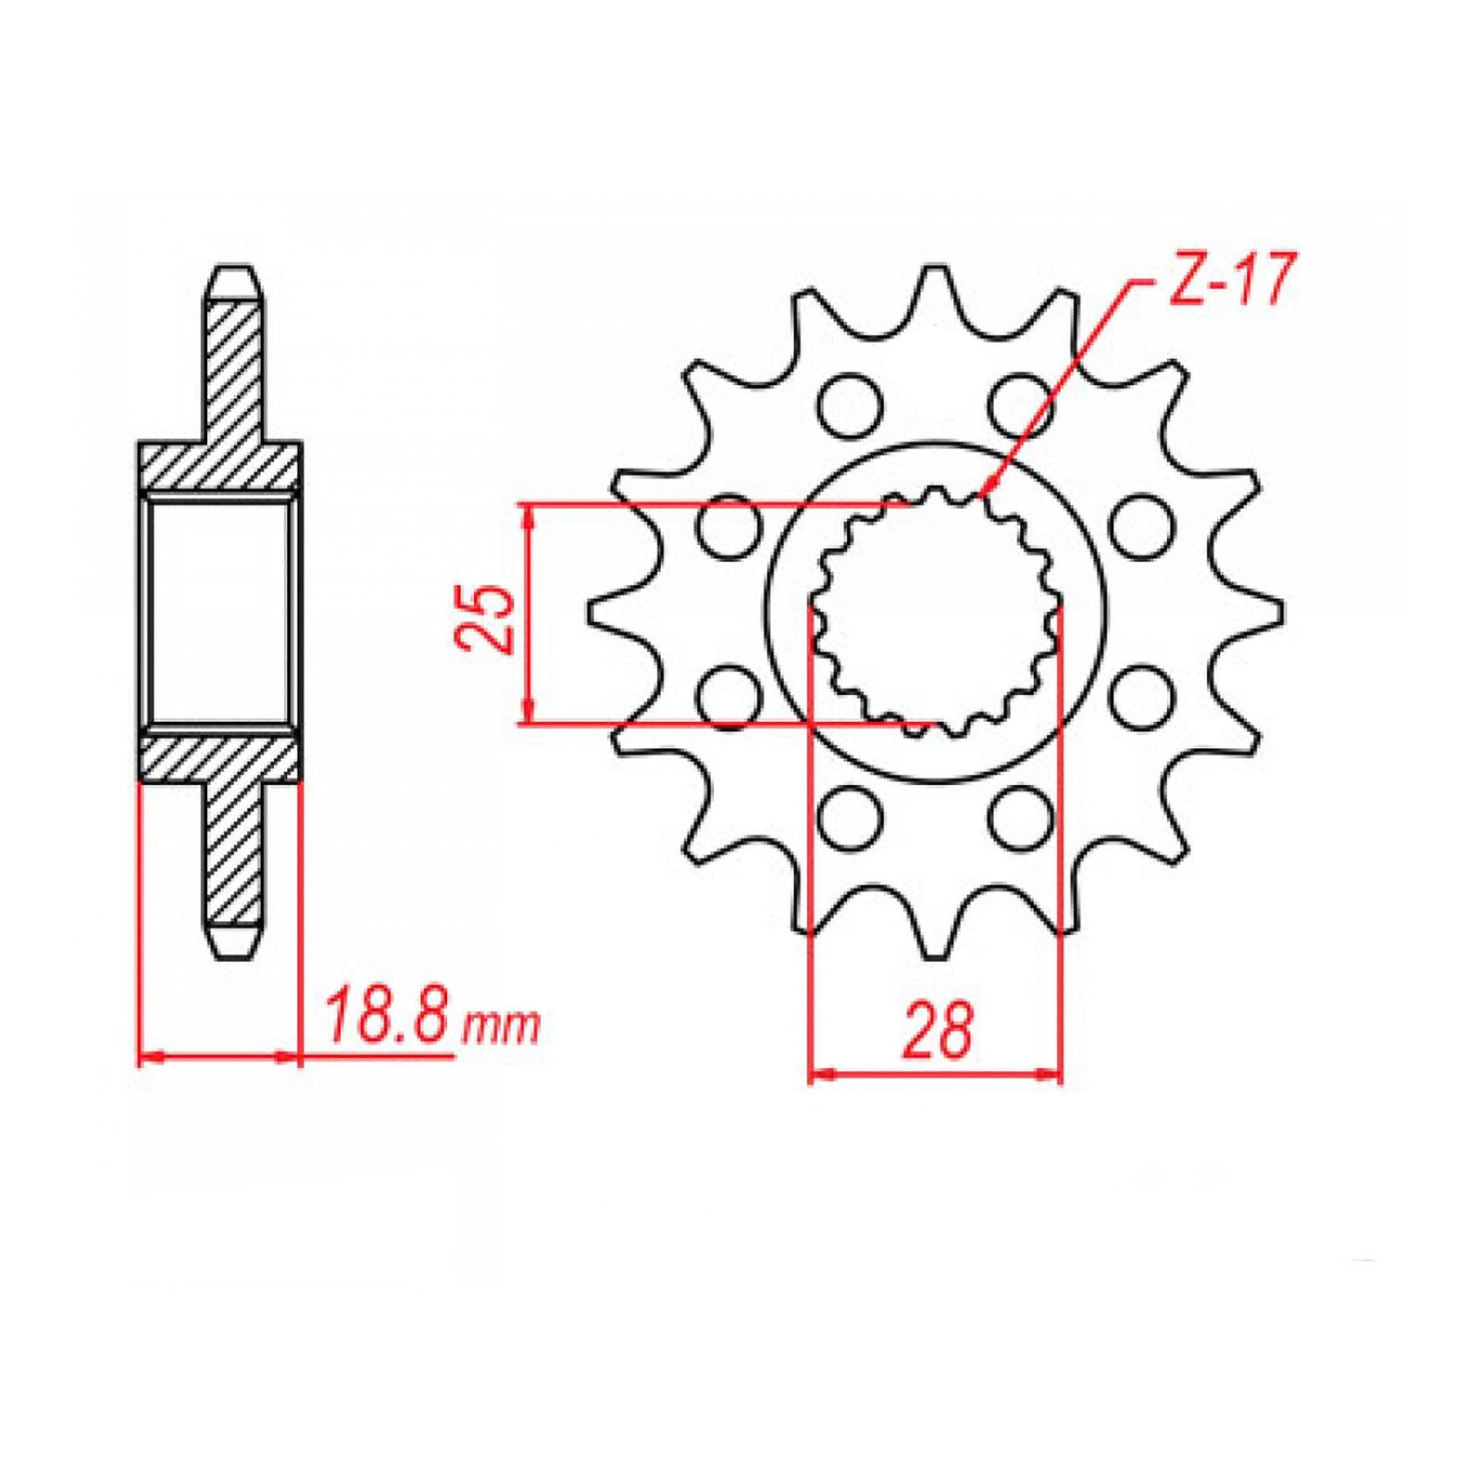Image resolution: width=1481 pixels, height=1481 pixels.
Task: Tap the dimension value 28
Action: pyautogui.click(x=939, y=1029)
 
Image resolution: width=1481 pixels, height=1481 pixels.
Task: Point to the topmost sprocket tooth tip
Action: pyautogui.click(x=934, y=270)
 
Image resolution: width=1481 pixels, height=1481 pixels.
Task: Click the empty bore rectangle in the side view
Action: pyautogui.click(x=220, y=611)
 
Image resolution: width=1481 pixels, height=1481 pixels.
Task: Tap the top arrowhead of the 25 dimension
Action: pyautogui.click(x=529, y=515)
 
